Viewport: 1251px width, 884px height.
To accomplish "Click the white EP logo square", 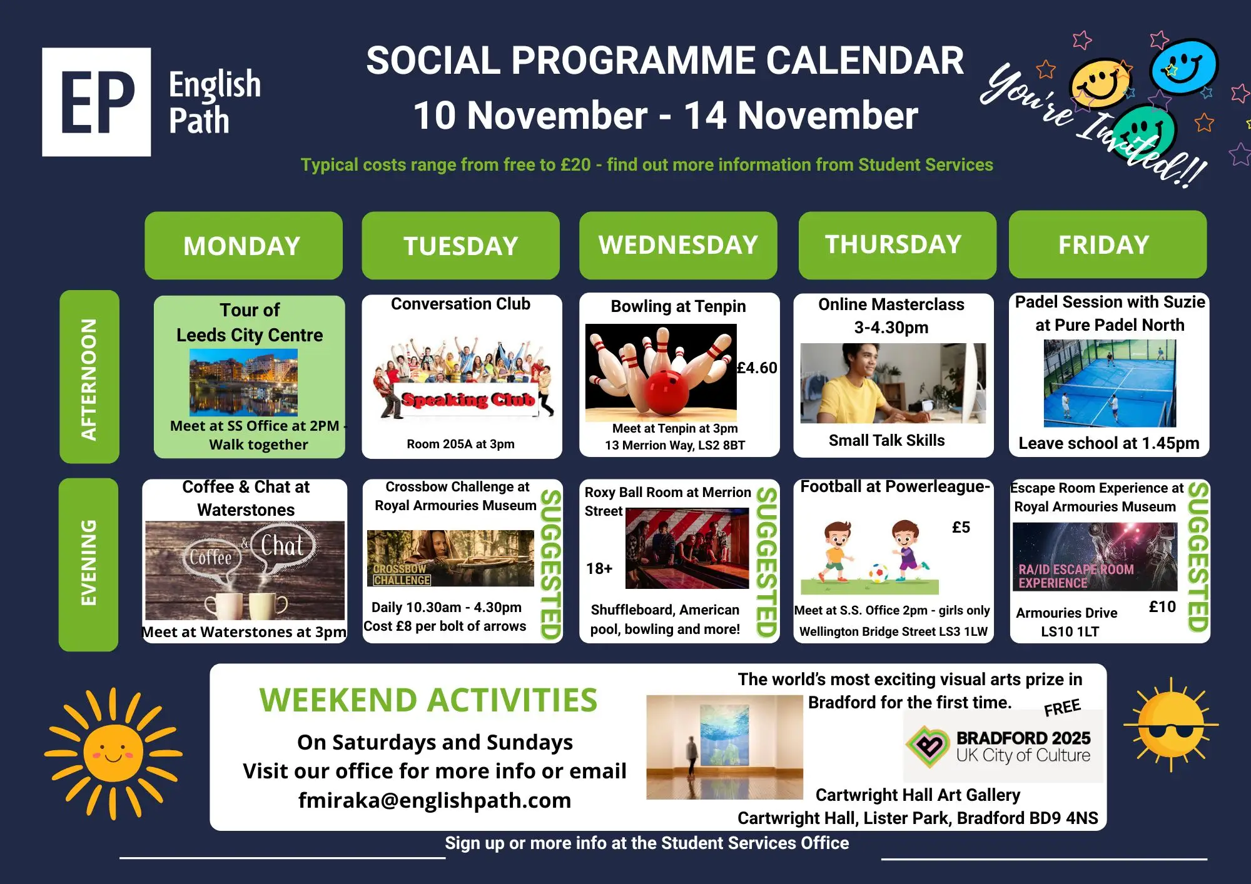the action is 96,102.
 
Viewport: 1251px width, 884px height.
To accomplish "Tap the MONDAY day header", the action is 243,246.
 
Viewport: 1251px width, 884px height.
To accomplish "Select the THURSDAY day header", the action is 897,245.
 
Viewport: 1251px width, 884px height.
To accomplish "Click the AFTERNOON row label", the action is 89,376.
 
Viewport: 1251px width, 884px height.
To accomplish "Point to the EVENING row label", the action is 89,565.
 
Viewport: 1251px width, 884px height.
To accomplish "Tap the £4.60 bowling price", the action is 757,368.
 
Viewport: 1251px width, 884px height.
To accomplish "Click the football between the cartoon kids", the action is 878,573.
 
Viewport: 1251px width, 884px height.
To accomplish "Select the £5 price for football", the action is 961,527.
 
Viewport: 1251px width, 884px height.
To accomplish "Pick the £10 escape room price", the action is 1162,606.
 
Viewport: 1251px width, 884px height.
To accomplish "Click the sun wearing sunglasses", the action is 1171,725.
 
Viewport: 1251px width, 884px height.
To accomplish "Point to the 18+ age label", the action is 599,568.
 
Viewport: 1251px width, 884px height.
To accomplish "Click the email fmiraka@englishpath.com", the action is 435,800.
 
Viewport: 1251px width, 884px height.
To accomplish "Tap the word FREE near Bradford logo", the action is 1062,707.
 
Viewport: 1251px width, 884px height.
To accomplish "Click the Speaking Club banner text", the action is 468,399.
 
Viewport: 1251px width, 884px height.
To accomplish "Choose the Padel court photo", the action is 1110,383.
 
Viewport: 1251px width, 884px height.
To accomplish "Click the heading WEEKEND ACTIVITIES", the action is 428,700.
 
